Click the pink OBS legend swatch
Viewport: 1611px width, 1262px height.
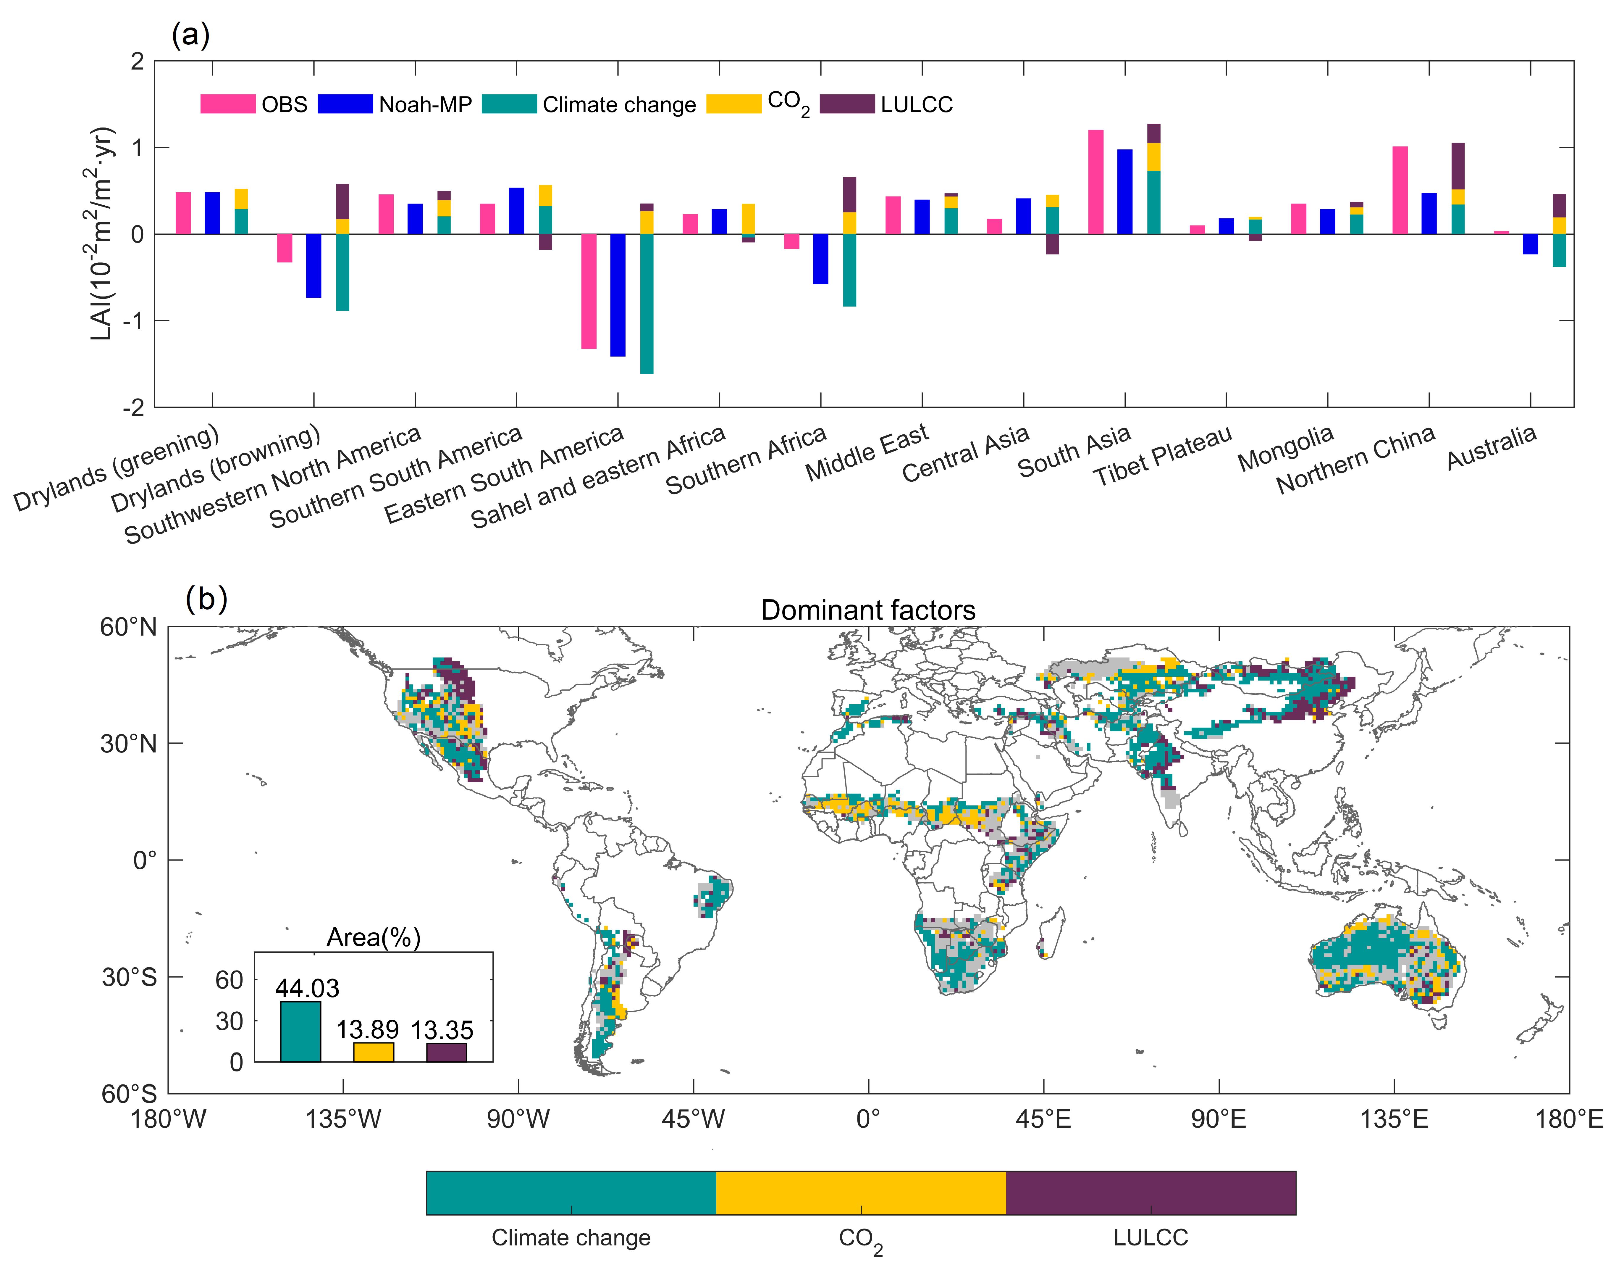click(x=227, y=104)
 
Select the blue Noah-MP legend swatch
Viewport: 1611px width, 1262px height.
click(x=345, y=104)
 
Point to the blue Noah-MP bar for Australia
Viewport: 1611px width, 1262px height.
click(x=1531, y=244)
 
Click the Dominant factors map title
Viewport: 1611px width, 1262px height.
click(x=868, y=610)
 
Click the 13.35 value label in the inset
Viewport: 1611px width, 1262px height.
click(x=442, y=1029)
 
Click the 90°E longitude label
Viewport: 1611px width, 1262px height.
click(x=1218, y=1119)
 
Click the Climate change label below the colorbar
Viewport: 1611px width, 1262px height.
click(x=571, y=1238)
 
